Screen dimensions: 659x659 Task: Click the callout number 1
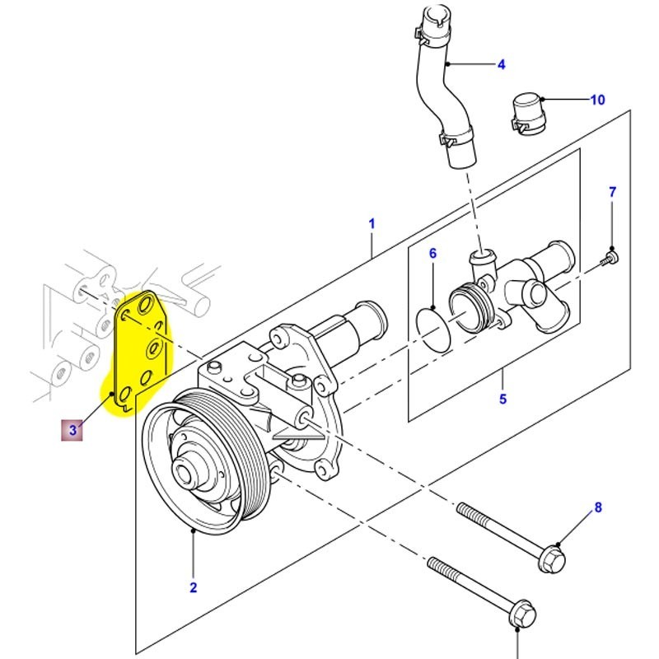[x=372, y=223]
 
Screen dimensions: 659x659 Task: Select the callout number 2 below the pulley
[x=194, y=588]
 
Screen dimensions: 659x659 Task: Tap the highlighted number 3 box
[x=73, y=430]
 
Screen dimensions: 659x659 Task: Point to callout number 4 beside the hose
[x=500, y=63]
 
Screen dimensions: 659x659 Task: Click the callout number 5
[x=502, y=400]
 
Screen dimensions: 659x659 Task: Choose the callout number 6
[x=432, y=254]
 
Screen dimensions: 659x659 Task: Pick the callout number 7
[x=612, y=193]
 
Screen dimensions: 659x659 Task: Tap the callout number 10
[x=597, y=100]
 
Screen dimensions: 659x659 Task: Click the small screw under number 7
[x=608, y=258]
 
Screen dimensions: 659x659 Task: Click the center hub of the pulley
[x=189, y=473]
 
